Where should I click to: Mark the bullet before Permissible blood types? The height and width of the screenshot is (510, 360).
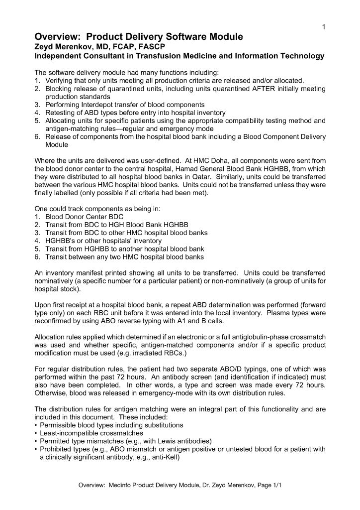tap(36, 425)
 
